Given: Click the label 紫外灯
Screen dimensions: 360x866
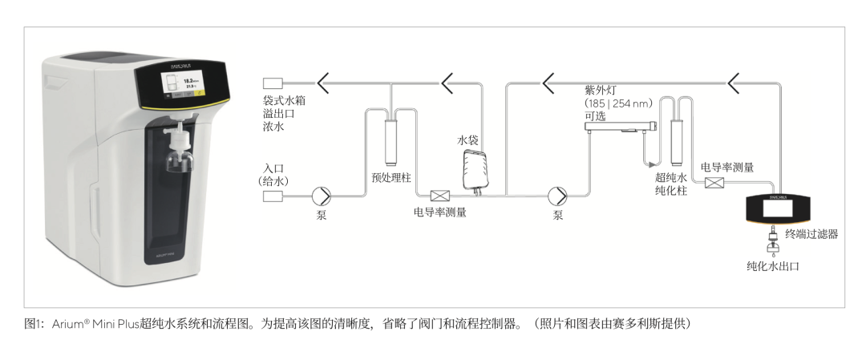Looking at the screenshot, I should click(600, 91).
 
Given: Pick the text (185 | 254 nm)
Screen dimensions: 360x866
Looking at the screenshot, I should click(619, 103).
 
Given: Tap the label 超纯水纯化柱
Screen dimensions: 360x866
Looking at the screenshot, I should click(671, 184).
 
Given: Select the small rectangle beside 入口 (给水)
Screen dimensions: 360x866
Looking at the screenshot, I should click(274, 195).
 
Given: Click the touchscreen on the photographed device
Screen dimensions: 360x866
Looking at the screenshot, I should click(180, 84).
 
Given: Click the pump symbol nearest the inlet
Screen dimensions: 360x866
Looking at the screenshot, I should click(322, 195).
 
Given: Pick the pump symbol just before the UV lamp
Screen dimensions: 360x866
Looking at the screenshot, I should click(557, 195).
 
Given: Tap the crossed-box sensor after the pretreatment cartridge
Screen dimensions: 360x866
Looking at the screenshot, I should click(439, 195).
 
